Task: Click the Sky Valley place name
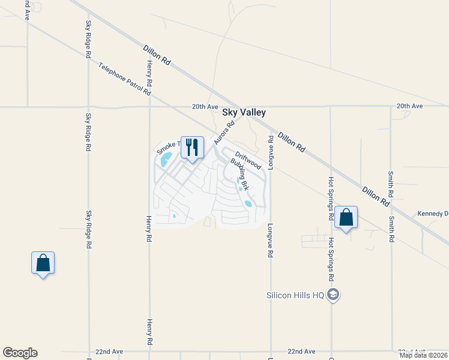point(244,112)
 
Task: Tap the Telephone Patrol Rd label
point(125,80)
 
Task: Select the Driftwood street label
point(247,158)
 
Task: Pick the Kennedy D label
point(433,214)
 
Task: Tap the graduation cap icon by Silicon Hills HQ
point(334,295)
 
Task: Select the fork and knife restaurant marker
point(192,147)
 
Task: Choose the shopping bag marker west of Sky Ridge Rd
point(43,263)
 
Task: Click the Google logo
point(20,353)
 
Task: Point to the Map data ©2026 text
point(423,355)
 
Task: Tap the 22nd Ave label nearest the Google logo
point(109,351)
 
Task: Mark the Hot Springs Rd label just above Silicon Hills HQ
point(331,259)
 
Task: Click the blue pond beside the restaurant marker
point(166,159)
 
